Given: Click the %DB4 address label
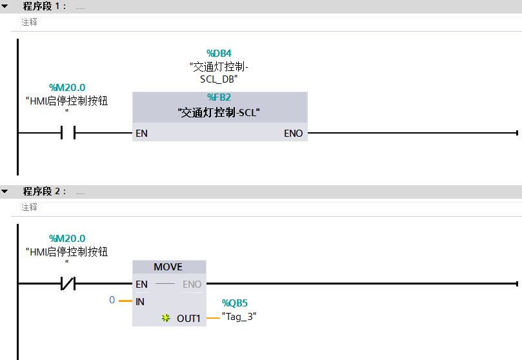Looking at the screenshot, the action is [x=219, y=53].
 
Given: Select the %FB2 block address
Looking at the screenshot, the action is [x=219, y=97].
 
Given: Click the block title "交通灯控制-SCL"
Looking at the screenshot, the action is [x=219, y=113].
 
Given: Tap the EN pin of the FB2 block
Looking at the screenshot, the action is [x=141, y=134].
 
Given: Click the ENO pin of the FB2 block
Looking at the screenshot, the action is [x=294, y=134].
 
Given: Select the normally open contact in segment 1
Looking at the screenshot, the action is [x=67, y=134].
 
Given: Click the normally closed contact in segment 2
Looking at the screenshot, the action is [x=67, y=283].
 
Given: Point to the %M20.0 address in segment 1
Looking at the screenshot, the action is [x=67, y=88].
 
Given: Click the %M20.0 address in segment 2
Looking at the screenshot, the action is [x=67, y=238].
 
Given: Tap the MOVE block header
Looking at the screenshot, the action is [x=168, y=267].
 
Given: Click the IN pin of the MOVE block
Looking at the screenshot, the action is [x=140, y=301].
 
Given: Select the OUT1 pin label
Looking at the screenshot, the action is [x=189, y=318].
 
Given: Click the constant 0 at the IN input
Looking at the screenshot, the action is [x=112, y=301].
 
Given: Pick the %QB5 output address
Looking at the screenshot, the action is [x=235, y=303].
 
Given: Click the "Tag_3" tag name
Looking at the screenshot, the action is [x=239, y=317].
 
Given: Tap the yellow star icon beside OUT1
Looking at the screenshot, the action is [x=166, y=318].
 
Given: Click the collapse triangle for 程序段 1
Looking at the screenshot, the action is [x=5, y=6].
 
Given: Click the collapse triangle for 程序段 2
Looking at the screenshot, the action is [x=5, y=192].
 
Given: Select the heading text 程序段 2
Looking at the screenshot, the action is [x=45, y=192].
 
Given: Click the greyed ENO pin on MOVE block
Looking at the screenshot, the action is [x=192, y=284].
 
